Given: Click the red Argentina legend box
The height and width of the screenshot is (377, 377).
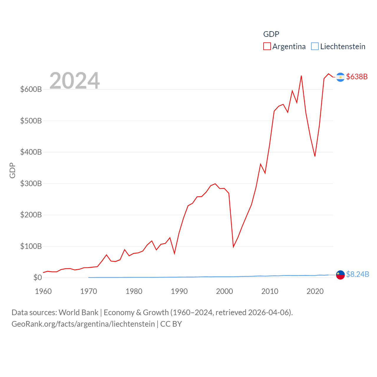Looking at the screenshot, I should pyautogui.click(x=267, y=47).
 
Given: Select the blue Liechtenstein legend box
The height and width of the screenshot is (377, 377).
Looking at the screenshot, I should pyautogui.click(x=315, y=47).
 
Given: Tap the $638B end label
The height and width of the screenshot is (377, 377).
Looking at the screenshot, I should pyautogui.click(x=357, y=77).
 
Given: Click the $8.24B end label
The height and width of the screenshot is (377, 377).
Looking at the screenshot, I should pyautogui.click(x=357, y=274).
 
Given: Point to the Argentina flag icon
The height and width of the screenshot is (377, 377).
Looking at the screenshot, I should pyautogui.click(x=340, y=77).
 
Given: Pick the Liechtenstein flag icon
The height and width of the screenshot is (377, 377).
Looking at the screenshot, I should pyautogui.click(x=340, y=275).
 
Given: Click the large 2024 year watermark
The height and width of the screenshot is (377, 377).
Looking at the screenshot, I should pyautogui.click(x=75, y=81).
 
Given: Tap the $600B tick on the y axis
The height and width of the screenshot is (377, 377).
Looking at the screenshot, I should pyautogui.click(x=31, y=89).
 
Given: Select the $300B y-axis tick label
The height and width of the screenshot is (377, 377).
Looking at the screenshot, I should pyautogui.click(x=31, y=183).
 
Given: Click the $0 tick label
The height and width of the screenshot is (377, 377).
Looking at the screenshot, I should pyautogui.click(x=37, y=277).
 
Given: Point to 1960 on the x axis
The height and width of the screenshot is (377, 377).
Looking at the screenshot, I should pyautogui.click(x=43, y=291).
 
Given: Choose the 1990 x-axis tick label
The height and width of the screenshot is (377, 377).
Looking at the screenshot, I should pyautogui.click(x=179, y=291).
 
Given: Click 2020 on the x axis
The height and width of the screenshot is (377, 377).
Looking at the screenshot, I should pyautogui.click(x=315, y=291).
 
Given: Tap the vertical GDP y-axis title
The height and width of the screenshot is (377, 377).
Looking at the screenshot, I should pyautogui.click(x=12, y=170).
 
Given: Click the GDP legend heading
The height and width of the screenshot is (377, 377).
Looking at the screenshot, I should pyautogui.click(x=271, y=34).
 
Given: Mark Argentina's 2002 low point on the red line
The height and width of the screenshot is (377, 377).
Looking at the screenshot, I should pyautogui.click(x=233, y=247).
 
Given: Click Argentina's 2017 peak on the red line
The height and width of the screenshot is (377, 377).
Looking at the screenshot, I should pyautogui.click(x=301, y=76).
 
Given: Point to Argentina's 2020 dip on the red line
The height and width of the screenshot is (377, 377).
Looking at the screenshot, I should pyautogui.click(x=315, y=156).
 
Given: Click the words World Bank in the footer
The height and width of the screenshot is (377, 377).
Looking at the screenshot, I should pyautogui.click(x=78, y=312).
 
